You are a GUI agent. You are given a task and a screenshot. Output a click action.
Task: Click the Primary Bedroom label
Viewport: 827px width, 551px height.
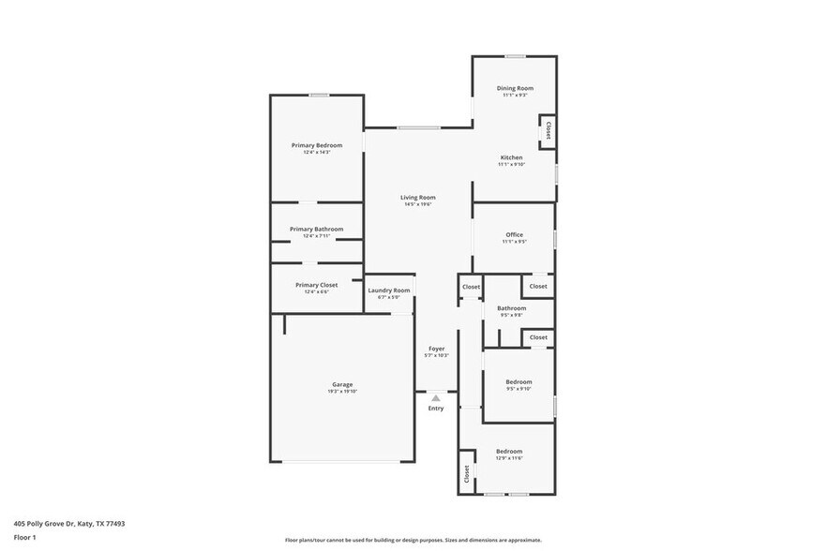(x=316, y=145)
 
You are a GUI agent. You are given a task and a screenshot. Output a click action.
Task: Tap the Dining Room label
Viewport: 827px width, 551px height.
(x=515, y=88)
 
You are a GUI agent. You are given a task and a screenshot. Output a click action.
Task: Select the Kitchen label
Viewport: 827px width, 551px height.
(x=511, y=157)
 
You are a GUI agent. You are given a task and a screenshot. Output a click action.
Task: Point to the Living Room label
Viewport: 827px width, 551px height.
(x=418, y=197)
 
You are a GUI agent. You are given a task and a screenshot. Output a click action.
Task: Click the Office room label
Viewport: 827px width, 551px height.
(x=514, y=234)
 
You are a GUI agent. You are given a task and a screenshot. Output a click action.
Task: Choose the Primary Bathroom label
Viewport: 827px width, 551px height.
(x=316, y=229)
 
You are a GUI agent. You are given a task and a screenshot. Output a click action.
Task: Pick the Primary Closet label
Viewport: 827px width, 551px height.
(x=316, y=285)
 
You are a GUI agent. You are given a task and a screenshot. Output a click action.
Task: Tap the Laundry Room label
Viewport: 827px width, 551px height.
(x=388, y=290)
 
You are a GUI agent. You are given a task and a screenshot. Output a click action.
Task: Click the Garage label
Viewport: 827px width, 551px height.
(x=342, y=384)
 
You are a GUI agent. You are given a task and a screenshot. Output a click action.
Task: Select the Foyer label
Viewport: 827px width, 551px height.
(x=437, y=349)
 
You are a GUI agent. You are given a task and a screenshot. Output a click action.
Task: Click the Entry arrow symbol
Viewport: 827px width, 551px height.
(x=436, y=398)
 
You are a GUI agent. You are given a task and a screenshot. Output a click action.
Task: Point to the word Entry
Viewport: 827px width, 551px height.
(x=436, y=409)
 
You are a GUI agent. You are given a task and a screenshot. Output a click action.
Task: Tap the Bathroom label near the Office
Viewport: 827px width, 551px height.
(x=511, y=307)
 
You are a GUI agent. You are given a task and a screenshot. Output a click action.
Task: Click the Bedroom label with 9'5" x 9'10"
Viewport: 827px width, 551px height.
(x=519, y=381)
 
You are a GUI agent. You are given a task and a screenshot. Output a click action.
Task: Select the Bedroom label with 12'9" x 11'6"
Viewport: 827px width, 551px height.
(x=509, y=451)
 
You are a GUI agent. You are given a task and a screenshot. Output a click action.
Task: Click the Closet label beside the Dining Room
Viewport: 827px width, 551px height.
(x=548, y=130)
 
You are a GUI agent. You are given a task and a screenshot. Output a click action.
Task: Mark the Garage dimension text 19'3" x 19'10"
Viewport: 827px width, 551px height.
(x=342, y=391)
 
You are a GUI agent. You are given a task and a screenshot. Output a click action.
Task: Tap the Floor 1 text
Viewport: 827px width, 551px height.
(x=24, y=537)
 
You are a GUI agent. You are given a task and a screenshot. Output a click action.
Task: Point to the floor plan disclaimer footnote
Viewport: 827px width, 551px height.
(x=413, y=540)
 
